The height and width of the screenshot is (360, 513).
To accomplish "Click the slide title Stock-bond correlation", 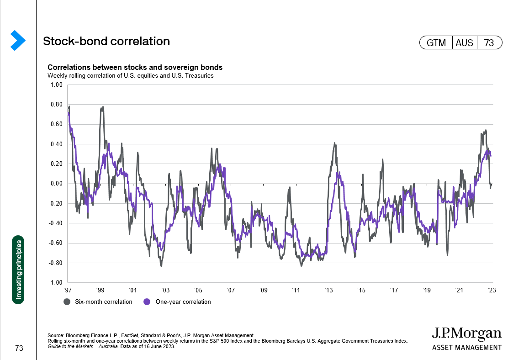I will pos(106,42).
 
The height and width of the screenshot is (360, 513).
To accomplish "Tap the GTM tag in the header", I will pos(436,43).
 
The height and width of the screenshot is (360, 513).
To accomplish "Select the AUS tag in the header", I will pos(465,43).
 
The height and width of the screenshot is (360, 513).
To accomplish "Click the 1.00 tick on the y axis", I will pos(56,85).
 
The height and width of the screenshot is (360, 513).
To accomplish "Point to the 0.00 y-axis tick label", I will pos(56,184).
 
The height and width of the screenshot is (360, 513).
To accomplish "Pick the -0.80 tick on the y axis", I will pos(55,263).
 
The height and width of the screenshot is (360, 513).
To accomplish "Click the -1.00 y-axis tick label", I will pos(55,283).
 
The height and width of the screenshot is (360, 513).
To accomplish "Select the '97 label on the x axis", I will pos(68,290).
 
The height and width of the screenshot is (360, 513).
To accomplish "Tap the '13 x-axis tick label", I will pos(329,290).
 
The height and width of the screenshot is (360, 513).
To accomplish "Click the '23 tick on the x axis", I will pos(492,290).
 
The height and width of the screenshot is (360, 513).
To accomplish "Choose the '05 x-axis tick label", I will pos(198,290).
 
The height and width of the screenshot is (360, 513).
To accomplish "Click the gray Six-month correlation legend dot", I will pos(67,302).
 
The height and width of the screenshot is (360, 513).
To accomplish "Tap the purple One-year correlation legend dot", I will pos(147,302).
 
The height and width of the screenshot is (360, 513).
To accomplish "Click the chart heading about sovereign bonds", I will pos(135,68).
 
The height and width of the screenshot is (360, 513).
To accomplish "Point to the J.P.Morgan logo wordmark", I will pos(466,334).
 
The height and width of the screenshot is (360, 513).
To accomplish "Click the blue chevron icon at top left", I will pos(17,40).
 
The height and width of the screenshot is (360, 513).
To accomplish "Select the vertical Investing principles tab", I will pos(18,270).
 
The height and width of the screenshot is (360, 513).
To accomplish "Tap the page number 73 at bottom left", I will pos(18,349).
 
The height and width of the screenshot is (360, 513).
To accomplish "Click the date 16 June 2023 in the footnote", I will pos(158,346).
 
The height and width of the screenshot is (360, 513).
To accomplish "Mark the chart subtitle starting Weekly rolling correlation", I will pos(131,75).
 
